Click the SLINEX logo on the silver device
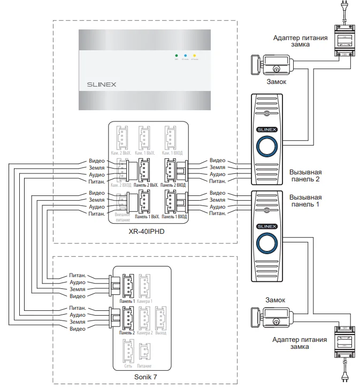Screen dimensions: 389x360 [102, 84]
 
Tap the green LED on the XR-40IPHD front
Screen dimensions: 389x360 [175, 56]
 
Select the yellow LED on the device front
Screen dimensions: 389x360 [194, 56]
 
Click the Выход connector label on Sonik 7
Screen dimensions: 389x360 [160, 332]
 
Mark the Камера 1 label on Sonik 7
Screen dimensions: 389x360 [144, 301]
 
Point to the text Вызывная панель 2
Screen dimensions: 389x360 [305, 176]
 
